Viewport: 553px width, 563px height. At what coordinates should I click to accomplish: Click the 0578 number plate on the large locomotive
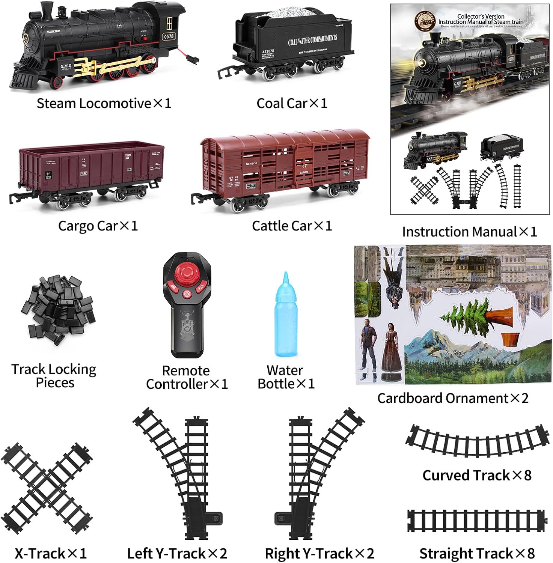[x=169, y=36]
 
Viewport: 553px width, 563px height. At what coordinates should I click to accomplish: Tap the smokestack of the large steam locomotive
[x=46, y=10]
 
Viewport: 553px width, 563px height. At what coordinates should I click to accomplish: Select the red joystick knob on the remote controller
[x=187, y=274]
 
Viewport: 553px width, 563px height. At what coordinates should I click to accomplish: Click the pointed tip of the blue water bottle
[x=286, y=276]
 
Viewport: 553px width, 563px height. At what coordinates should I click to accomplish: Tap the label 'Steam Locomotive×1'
[x=104, y=103]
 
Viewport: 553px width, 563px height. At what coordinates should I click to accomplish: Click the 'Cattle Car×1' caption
[x=292, y=226]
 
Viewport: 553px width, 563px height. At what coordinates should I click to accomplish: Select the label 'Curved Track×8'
[x=477, y=475]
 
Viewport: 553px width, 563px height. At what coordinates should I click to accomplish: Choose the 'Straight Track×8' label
[x=477, y=553]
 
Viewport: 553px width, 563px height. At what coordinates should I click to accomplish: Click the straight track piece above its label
[x=477, y=521]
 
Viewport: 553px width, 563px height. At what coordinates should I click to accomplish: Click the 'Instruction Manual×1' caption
[x=469, y=232]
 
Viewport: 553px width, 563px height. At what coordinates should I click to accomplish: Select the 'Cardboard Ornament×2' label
[x=453, y=398]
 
